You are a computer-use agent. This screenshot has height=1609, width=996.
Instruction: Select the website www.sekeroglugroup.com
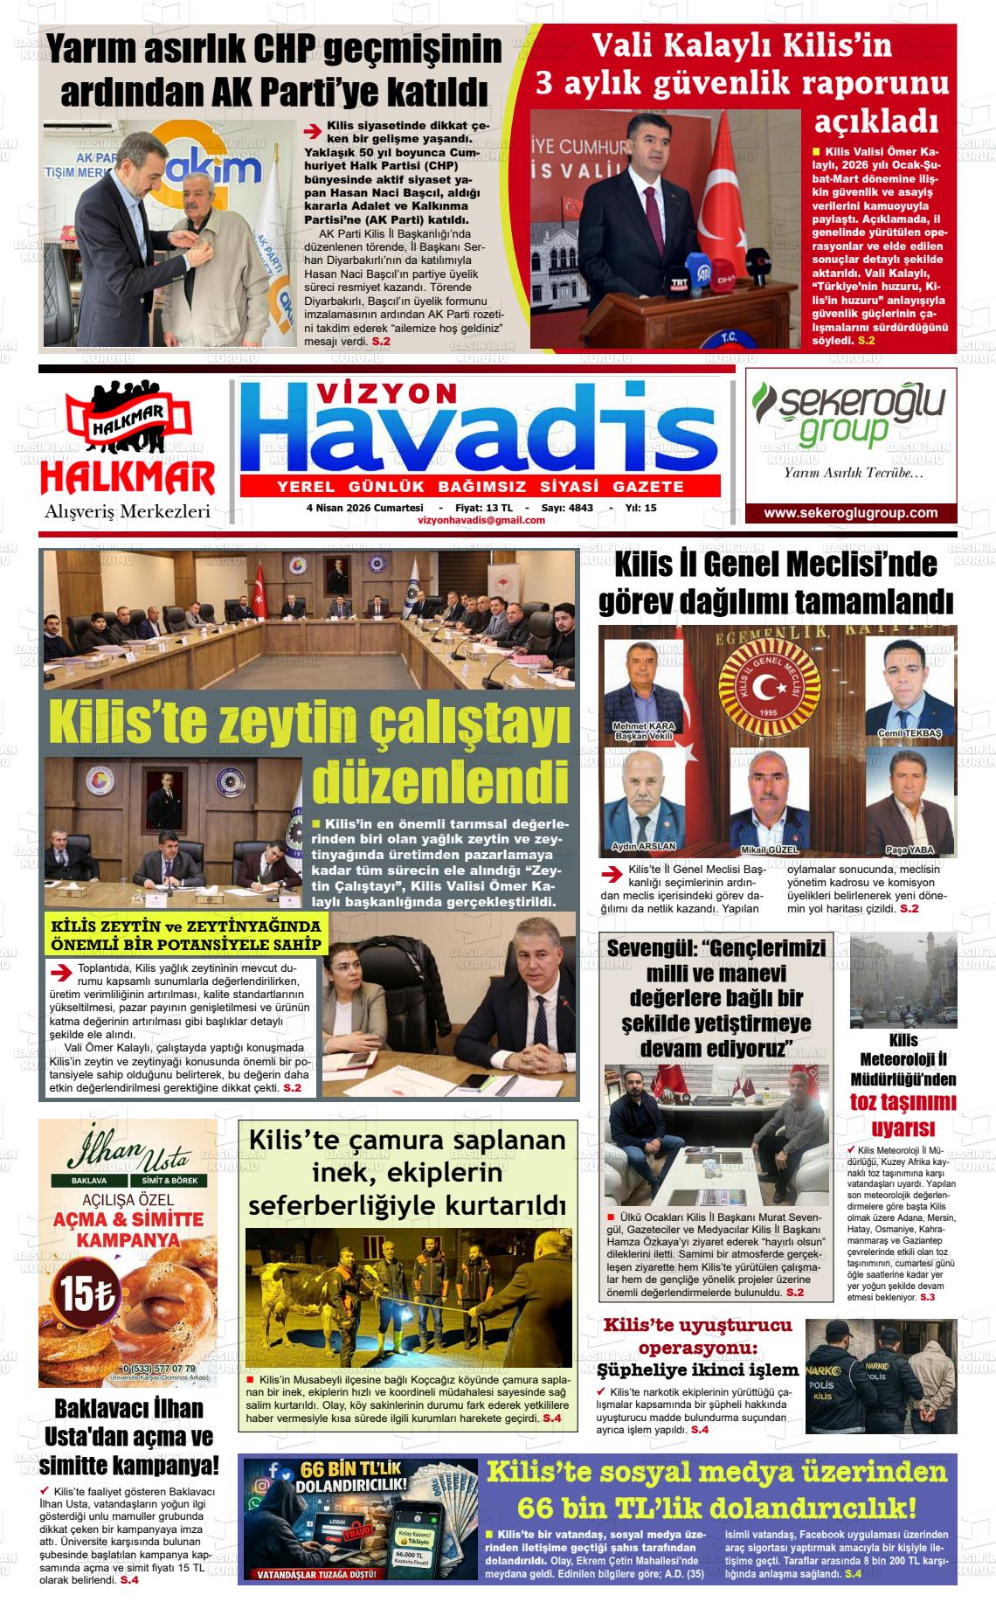coord(850,513)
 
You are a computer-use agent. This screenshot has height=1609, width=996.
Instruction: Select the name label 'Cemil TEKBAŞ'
coord(910,733)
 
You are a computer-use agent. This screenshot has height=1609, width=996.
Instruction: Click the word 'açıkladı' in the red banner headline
coord(876,120)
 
